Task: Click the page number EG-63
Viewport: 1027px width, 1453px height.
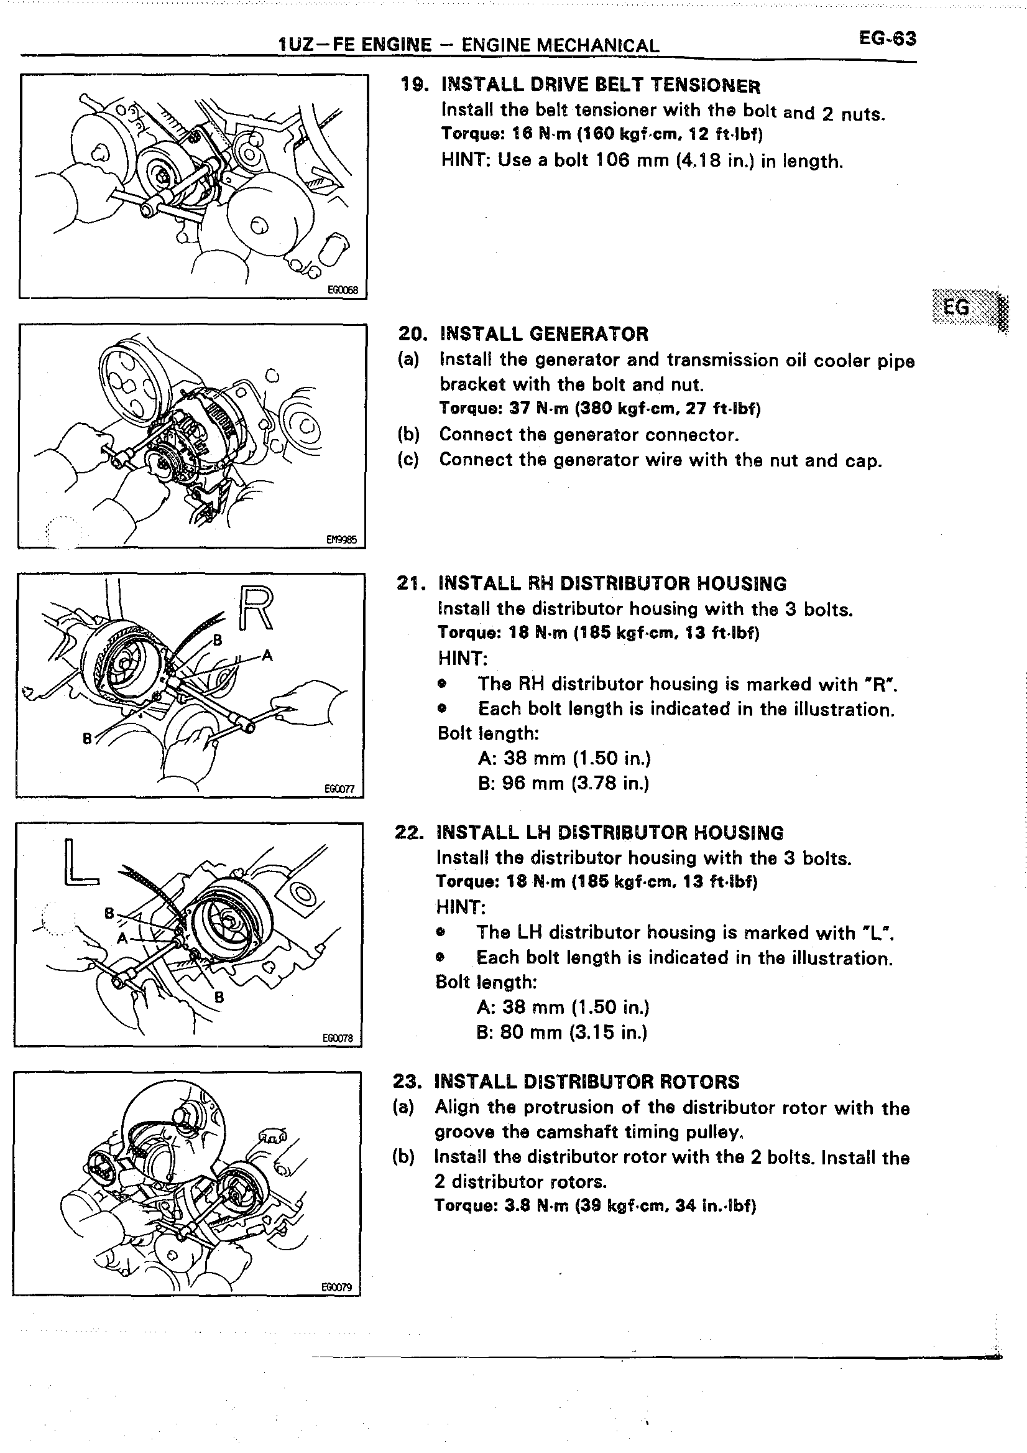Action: point(887,39)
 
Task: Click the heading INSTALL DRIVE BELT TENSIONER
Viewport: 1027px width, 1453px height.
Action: point(600,85)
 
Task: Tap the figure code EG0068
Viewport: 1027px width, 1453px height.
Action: point(342,290)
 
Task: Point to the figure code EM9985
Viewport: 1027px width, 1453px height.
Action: point(341,540)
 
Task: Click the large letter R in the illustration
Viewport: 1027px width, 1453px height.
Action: point(256,608)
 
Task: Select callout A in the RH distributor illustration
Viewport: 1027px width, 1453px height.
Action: point(267,656)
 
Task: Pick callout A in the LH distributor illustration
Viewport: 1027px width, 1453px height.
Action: point(122,938)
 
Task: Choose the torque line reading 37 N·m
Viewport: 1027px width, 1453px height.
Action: point(599,409)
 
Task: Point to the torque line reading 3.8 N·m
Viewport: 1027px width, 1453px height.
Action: point(594,1205)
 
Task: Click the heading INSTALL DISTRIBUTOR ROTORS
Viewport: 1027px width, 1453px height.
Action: point(586,1082)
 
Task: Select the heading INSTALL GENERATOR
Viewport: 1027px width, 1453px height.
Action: point(544,334)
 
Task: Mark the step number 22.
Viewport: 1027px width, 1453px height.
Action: point(408,832)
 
